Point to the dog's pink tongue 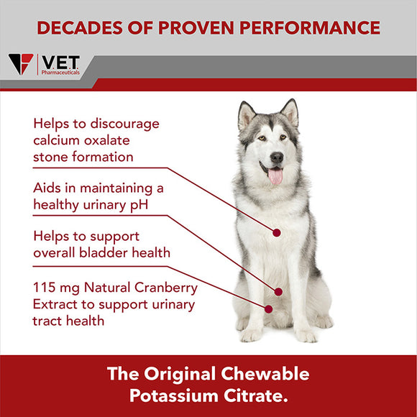[275, 175]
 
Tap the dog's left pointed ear [246, 114]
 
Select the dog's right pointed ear [290, 112]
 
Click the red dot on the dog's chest [276, 232]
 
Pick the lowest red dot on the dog [269, 309]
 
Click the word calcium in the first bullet [60, 139]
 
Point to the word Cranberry [167, 288]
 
